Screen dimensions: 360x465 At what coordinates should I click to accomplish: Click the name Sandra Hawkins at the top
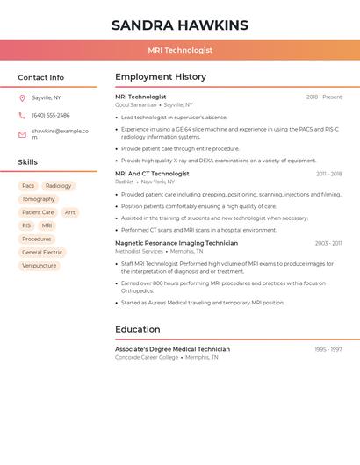[180, 25]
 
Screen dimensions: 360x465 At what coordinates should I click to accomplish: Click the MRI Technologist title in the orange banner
[180, 50]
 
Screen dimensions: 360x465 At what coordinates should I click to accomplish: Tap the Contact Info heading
[40, 77]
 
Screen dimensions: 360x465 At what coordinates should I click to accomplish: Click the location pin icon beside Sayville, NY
[22, 98]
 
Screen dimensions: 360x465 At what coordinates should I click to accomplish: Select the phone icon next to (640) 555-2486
[22, 115]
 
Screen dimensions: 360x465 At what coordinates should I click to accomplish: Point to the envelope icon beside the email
[22, 134]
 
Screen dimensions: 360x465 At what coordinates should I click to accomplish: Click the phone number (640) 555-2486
[51, 115]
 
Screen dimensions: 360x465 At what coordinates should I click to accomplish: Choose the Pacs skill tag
[28, 186]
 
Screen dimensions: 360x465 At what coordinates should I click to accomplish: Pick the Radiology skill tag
[58, 186]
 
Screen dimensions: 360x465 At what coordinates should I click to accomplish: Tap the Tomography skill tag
[38, 199]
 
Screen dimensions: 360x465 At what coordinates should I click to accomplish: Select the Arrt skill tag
[69, 212]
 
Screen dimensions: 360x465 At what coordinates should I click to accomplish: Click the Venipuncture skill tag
[39, 265]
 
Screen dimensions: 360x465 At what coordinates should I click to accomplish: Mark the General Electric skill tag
[42, 252]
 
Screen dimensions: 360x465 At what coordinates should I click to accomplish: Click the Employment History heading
[161, 77]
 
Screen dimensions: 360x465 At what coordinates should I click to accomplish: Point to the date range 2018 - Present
[324, 97]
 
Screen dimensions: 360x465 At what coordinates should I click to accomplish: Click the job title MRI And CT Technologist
[152, 174]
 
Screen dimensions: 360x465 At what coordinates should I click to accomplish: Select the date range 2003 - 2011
[328, 243]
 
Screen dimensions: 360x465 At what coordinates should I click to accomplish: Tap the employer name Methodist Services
[139, 251]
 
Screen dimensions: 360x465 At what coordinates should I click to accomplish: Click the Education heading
[137, 329]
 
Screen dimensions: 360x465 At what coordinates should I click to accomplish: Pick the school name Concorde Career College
[147, 357]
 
